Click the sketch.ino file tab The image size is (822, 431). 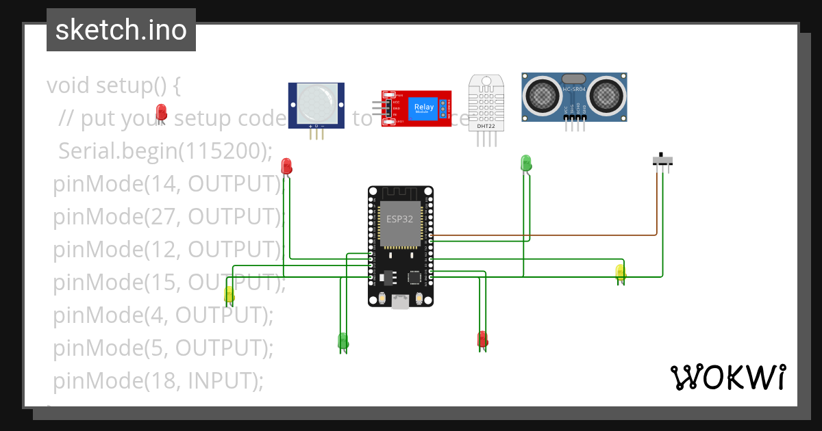[x=121, y=30]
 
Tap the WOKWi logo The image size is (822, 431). [x=727, y=377]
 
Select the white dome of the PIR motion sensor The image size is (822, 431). [x=316, y=104]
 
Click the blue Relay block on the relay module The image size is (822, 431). [x=423, y=107]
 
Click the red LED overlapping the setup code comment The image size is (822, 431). [x=162, y=112]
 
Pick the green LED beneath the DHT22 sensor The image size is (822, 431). [x=526, y=163]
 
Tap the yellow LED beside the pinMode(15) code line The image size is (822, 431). [x=229, y=294]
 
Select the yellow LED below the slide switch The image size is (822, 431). [x=621, y=273]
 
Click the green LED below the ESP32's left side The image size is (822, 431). [x=343, y=340]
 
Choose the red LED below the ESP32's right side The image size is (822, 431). [x=482, y=339]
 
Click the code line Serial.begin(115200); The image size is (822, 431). [x=165, y=151]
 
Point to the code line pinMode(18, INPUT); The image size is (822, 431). [x=158, y=380]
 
